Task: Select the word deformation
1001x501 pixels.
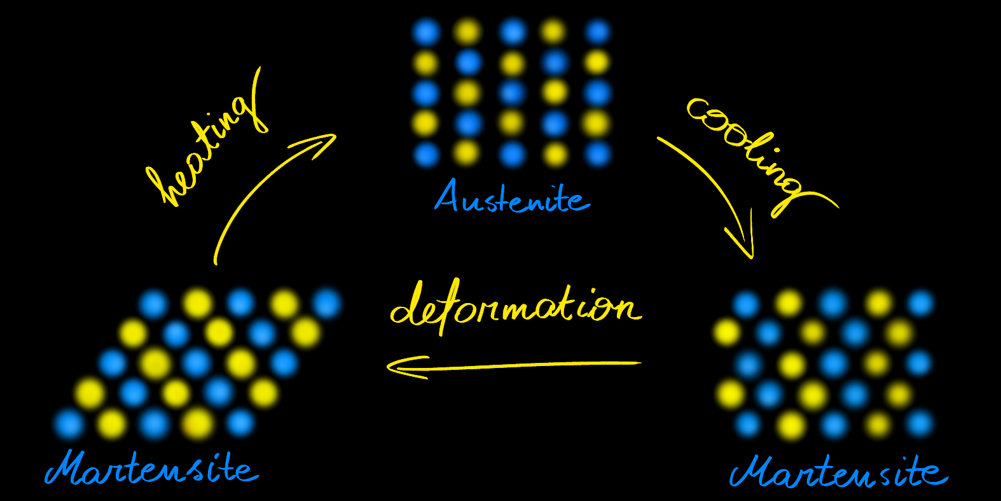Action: tap(516, 307)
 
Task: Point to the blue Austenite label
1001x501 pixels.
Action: tap(512, 197)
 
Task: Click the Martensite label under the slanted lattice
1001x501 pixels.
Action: tap(152, 468)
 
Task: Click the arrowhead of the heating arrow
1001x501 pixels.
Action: tap(319, 144)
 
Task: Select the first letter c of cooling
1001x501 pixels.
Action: tap(700, 109)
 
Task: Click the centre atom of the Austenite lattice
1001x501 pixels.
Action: tap(512, 93)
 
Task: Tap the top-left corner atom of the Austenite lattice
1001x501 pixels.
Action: tap(426, 32)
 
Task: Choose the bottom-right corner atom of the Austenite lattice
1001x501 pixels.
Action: tap(598, 154)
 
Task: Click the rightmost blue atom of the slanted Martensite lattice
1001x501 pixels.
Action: tap(327, 303)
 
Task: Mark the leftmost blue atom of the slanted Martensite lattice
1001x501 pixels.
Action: tap(69, 424)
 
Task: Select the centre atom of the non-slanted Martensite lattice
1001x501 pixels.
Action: tap(834, 363)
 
